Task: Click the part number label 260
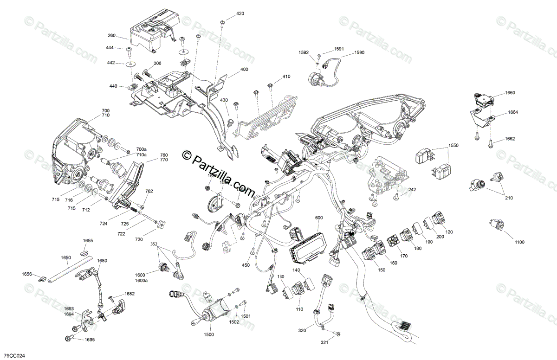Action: click(x=111, y=35)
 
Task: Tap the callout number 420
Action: click(x=240, y=14)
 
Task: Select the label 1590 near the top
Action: click(x=359, y=53)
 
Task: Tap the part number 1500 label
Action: click(x=209, y=334)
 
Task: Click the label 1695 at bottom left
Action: click(x=89, y=340)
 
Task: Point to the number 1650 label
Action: click(x=66, y=257)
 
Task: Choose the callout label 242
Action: click(x=412, y=190)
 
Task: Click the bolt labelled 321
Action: click(x=337, y=334)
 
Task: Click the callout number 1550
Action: click(x=453, y=145)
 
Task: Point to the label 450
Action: click(x=246, y=265)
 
